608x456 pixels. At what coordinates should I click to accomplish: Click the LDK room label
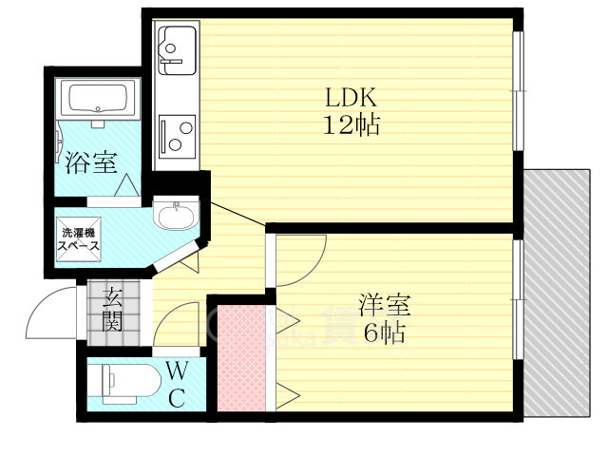coord(351,97)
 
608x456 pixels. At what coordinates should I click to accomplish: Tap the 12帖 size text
coord(351,124)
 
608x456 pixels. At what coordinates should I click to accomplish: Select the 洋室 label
coord(385,306)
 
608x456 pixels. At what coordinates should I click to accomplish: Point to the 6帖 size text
coord(385,332)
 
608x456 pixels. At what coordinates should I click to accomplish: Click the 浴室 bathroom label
coord(91,162)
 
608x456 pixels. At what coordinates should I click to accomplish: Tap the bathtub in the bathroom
coord(98,99)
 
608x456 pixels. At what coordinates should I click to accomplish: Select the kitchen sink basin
coord(177,50)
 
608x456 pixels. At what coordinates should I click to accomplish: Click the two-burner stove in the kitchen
coord(178,136)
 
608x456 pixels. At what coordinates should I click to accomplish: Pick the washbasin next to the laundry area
coord(176,213)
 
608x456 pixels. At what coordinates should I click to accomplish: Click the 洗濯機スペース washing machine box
coord(79,238)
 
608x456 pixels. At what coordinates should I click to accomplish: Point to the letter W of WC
coord(178,371)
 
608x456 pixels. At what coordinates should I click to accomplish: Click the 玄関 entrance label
coord(113,311)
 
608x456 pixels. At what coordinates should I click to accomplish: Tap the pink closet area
coord(241,358)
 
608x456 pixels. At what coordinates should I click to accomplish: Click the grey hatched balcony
coord(557,294)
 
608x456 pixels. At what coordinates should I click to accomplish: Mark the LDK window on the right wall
coord(518,91)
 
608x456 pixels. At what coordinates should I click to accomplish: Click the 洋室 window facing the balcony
coord(518,300)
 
